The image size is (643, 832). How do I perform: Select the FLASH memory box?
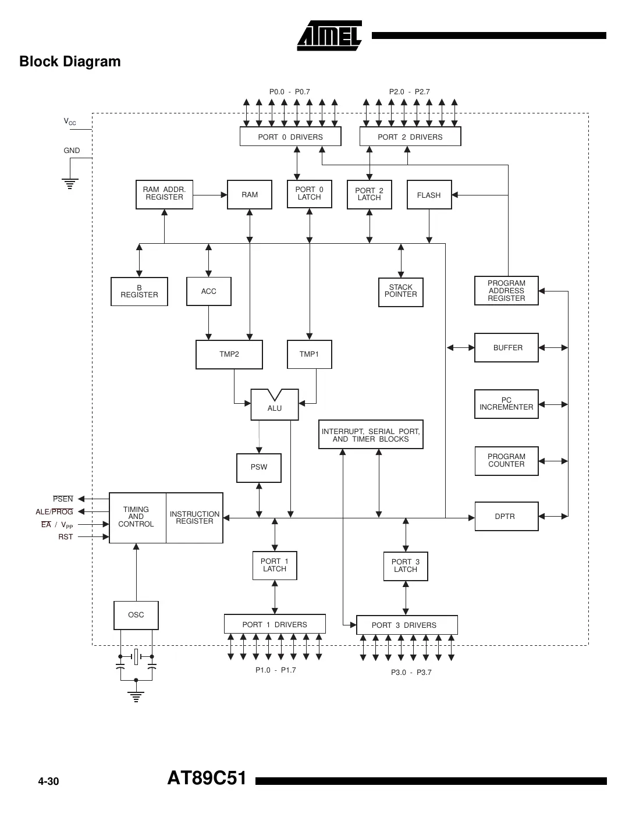pos(429,195)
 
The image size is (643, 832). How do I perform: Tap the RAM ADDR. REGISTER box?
pos(164,194)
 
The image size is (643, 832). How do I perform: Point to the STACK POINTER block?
pos(400,291)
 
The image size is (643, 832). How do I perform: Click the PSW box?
pos(259,467)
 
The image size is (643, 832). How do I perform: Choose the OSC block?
pos(136,615)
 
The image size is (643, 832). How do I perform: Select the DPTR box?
pos(506,516)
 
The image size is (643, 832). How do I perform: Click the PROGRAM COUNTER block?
pos(506,461)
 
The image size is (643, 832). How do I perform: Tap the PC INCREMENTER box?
pos(506,404)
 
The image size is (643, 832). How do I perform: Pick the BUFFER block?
pos(506,347)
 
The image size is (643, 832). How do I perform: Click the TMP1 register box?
pos(309,354)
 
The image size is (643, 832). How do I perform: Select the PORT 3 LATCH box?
pos(405,566)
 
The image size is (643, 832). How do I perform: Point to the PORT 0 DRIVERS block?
pos(290,137)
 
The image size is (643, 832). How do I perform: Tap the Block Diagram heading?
pos(70,62)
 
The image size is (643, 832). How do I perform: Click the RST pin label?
pos(65,537)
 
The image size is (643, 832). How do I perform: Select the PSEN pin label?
pos(63,499)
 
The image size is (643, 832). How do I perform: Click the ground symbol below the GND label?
pos(70,184)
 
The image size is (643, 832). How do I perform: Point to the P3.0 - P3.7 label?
pos(411,673)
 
